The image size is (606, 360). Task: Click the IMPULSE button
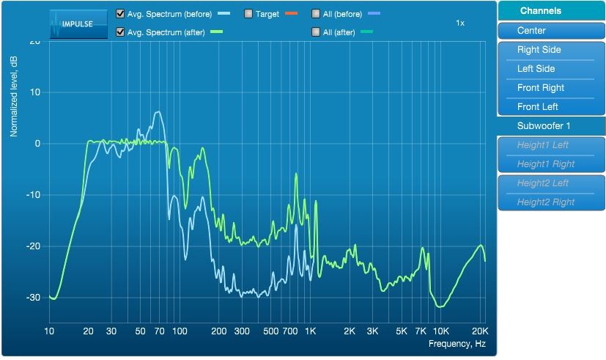coord(78,24)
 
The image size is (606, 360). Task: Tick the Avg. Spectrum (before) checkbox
coord(120,14)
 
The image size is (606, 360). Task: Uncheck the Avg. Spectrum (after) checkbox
coord(120,32)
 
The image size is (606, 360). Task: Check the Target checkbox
coord(248,14)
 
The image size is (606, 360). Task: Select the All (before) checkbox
coord(316,14)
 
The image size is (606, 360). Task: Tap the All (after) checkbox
coord(316,32)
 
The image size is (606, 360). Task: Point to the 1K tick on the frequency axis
coord(311,331)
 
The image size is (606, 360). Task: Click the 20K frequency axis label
coord(480,331)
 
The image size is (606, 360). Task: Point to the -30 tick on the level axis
coord(33,298)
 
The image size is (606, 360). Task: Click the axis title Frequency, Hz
coord(457,344)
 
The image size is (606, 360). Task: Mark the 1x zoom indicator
coord(460,23)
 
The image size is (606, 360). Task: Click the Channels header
coord(540,11)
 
